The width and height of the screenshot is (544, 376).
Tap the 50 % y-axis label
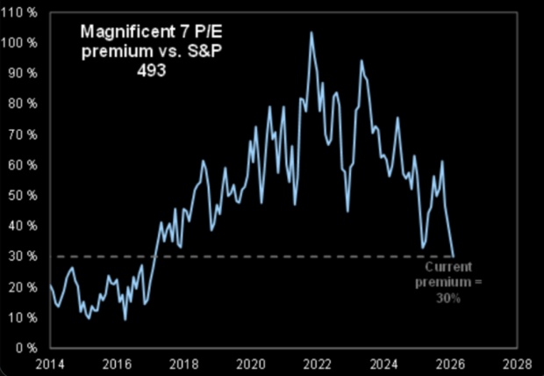coord(24,195)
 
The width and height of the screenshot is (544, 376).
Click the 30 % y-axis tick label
coord(24,256)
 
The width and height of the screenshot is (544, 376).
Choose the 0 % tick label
coord(26,347)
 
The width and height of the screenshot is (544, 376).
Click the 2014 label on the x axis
coord(50,362)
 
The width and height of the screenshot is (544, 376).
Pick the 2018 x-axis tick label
coord(183,362)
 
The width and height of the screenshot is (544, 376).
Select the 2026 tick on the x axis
coord(452,362)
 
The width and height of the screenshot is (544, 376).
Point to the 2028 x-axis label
coord(518,362)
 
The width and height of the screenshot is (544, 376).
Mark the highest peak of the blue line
coord(311,33)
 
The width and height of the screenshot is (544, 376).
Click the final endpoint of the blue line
coord(454,255)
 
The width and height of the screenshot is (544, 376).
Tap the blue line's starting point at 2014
coord(50,285)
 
